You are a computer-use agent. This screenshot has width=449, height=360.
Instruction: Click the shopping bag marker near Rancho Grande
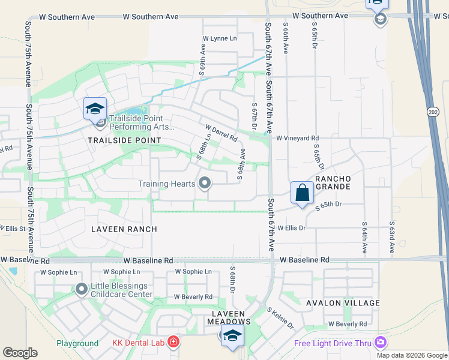click(x=302, y=193)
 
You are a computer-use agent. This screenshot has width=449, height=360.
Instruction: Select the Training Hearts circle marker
click(x=205, y=184)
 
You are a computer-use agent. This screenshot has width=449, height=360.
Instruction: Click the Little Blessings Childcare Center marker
click(x=82, y=290)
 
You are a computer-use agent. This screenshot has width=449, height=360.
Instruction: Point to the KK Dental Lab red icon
click(x=173, y=343)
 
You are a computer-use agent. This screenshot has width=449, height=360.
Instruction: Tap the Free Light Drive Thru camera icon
click(x=379, y=343)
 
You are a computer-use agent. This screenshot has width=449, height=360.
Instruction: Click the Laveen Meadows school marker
click(x=232, y=336)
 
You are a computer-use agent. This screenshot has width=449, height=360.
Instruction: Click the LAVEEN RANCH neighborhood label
click(x=124, y=229)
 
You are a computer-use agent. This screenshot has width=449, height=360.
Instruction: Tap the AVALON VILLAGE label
click(x=343, y=303)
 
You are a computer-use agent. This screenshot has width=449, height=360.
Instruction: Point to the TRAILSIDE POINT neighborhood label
click(x=125, y=140)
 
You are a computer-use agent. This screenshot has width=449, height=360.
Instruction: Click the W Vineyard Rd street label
click(x=297, y=138)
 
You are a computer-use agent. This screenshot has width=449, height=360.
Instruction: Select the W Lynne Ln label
click(x=220, y=38)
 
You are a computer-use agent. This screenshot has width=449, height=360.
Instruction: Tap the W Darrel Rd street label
click(x=221, y=133)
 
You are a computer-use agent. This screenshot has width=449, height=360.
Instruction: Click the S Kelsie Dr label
click(x=280, y=318)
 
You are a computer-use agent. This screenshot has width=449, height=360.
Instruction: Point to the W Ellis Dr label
click(x=291, y=228)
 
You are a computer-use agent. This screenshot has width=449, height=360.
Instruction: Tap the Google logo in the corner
click(x=20, y=353)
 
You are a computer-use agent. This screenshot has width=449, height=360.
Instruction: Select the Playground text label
click(x=77, y=344)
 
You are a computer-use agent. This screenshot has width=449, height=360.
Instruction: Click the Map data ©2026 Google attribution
click(x=412, y=355)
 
